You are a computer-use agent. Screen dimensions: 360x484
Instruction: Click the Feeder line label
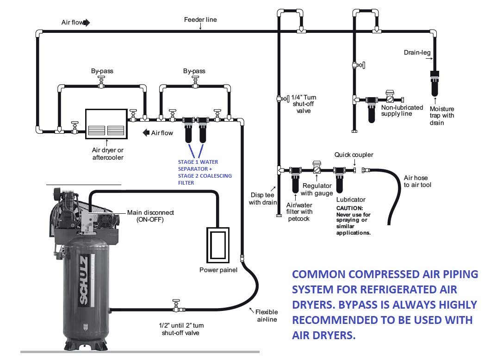(x=200, y=20)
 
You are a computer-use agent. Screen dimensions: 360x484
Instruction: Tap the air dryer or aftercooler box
(x=106, y=124)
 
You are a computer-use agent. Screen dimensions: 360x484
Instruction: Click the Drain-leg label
(x=417, y=53)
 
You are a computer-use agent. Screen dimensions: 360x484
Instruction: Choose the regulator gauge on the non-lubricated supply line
(x=391, y=98)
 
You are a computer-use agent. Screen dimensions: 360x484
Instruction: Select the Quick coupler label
(x=354, y=155)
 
